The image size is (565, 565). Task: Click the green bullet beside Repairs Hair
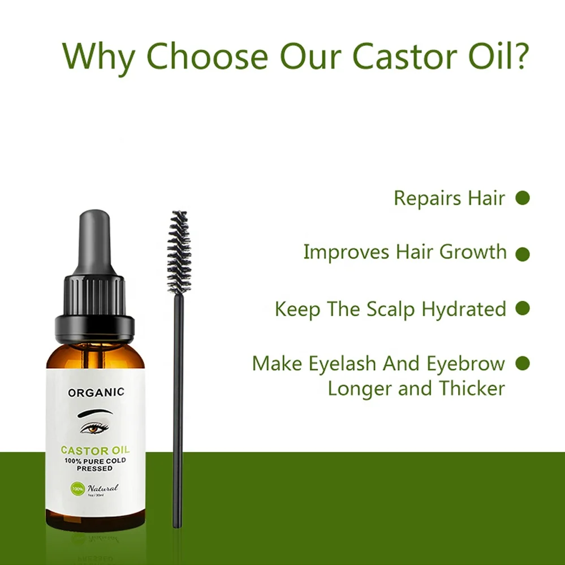[523, 198]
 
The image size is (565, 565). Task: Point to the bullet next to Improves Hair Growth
[523, 254]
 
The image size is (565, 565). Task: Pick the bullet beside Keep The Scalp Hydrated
[523, 308]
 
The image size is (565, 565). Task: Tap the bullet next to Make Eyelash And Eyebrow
[523, 362]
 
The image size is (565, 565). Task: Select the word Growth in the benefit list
[473, 252]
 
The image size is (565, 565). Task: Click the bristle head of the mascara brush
[179, 251]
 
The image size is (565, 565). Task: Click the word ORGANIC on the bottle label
[96, 392]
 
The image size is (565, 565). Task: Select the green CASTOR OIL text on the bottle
[95, 451]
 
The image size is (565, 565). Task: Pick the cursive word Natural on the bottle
[102, 488]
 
